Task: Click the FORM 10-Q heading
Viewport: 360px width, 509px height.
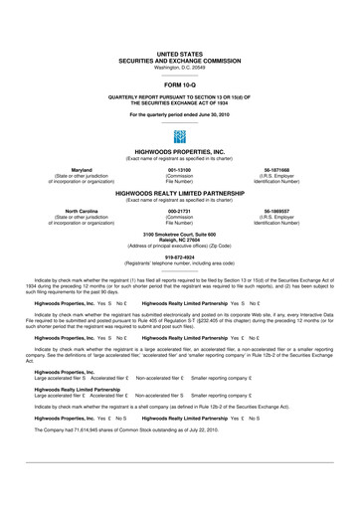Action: pyautogui.click(x=180, y=85)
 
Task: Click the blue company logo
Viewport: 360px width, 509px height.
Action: pyautogui.click(x=179, y=135)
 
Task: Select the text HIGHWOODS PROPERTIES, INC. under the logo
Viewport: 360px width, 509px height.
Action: pyautogui.click(x=180, y=153)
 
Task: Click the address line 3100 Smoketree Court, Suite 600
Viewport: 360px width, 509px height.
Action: pyautogui.click(x=180, y=234)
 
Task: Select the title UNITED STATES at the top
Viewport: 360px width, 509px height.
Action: pyautogui.click(x=180, y=49)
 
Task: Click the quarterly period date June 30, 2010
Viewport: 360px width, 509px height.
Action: pyautogui.click(x=209, y=114)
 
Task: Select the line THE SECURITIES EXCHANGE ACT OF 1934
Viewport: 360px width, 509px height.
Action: pyautogui.click(x=180, y=102)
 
